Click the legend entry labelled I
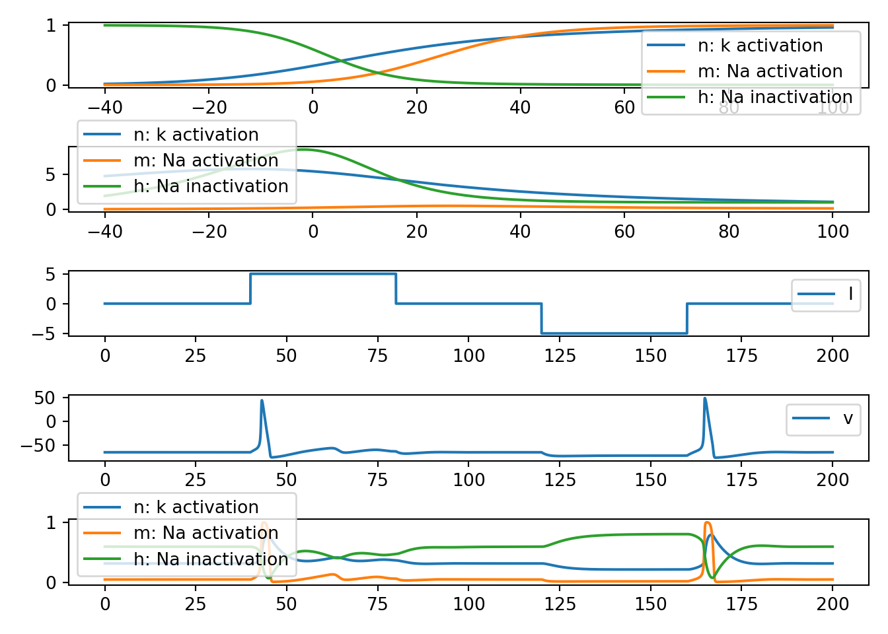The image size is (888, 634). pos(826,295)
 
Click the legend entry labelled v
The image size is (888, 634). pos(823,419)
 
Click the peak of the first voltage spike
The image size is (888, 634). pos(262,400)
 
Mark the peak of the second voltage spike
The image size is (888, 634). pos(705,398)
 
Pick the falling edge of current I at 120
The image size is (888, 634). pos(542,318)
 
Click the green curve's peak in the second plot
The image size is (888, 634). pos(303,150)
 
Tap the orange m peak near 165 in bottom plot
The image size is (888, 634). pos(707,523)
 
